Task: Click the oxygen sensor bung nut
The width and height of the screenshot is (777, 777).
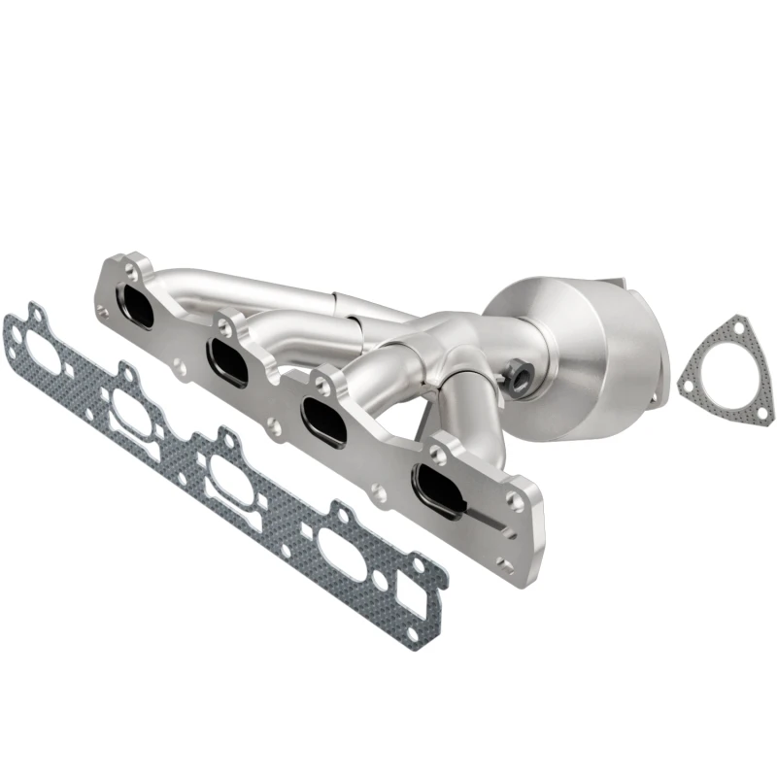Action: [517, 370]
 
